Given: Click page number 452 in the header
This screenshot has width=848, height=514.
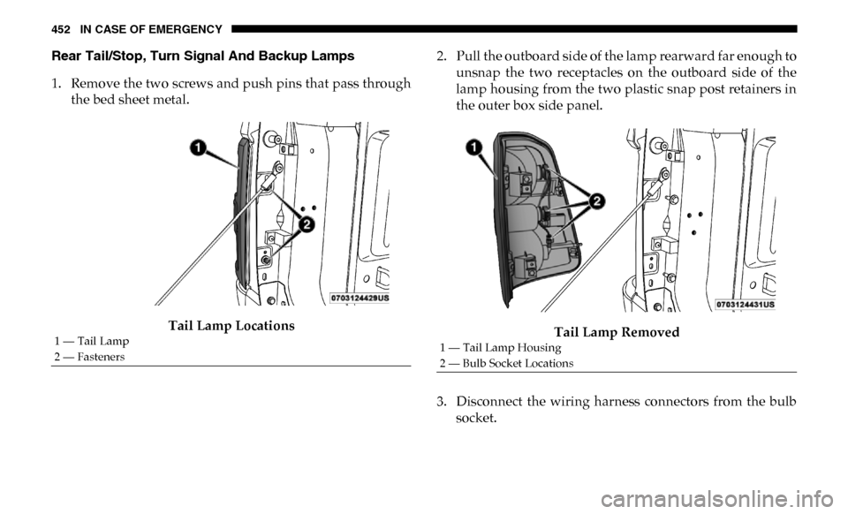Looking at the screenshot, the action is (x=61, y=30).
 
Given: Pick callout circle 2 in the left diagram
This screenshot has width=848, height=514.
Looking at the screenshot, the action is (x=307, y=224).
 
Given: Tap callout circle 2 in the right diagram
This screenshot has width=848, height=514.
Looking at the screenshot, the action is (x=595, y=201).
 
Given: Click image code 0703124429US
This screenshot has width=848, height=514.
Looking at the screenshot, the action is (x=360, y=299).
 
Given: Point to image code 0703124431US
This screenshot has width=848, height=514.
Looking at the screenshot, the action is (x=746, y=305).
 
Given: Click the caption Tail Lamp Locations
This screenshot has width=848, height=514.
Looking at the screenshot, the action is (x=231, y=325).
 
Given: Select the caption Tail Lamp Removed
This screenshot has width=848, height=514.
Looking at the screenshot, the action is (x=617, y=332).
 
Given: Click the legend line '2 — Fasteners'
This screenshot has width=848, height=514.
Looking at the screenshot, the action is (x=89, y=357).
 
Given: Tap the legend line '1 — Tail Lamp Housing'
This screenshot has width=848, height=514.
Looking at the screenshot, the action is (x=500, y=348).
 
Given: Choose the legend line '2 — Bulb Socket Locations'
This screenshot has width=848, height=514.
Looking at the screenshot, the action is (x=506, y=363).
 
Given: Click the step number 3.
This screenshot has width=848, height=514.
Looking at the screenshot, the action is (x=442, y=402).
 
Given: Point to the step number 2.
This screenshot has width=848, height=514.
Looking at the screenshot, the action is (x=442, y=57).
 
